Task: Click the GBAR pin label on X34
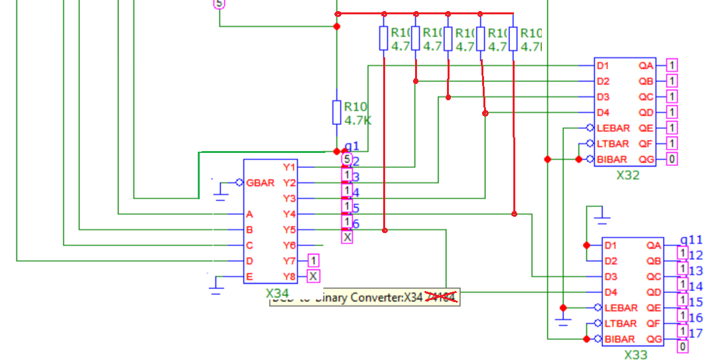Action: click(x=260, y=183)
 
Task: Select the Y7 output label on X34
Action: click(x=290, y=261)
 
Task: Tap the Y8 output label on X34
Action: click(x=290, y=277)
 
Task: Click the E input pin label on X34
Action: click(x=249, y=277)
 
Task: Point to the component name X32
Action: click(x=628, y=175)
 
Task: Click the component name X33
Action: click(x=636, y=355)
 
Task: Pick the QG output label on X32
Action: click(x=645, y=159)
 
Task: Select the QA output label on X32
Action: click(x=645, y=66)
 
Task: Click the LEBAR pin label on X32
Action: click(x=612, y=128)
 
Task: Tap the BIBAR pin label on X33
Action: click(x=619, y=339)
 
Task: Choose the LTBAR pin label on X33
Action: click(x=619, y=324)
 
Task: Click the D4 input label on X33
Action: click(x=610, y=292)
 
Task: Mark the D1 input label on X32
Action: click(x=603, y=66)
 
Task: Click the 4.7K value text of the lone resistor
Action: click(x=358, y=120)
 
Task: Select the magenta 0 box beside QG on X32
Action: click(x=672, y=159)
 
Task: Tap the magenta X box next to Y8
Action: click(x=314, y=277)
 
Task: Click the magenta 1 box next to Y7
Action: click(x=314, y=261)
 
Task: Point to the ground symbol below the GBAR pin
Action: click(x=221, y=191)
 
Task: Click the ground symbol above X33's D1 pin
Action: click(x=603, y=214)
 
